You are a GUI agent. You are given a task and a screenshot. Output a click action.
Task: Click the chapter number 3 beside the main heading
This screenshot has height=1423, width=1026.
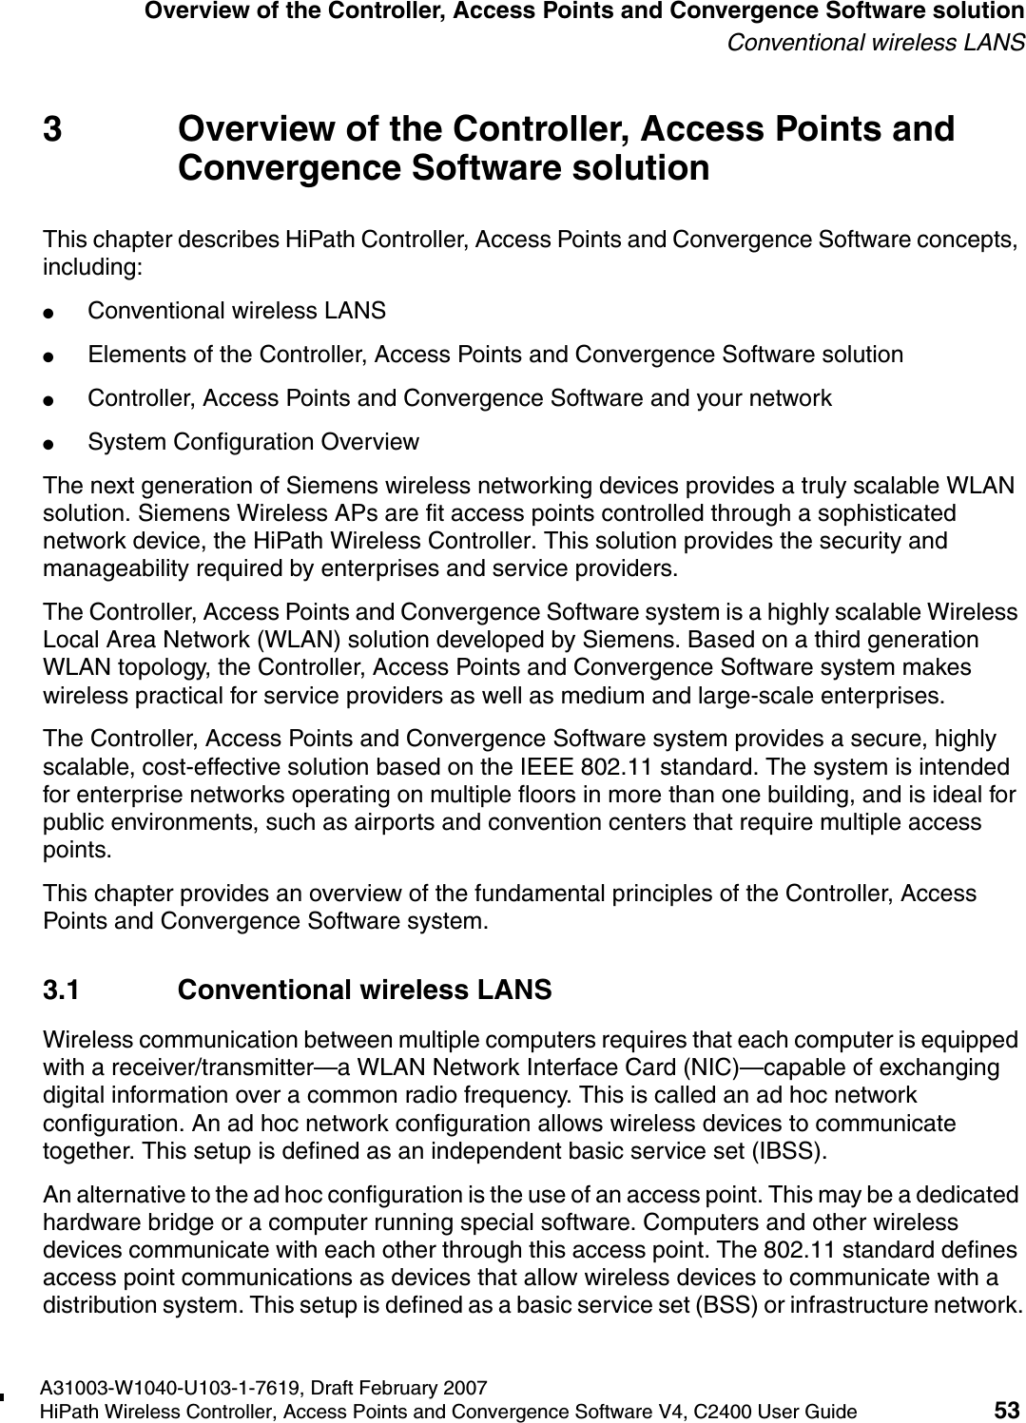pos(54,130)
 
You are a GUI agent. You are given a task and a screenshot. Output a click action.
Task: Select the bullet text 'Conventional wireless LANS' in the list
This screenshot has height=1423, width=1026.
pos(237,311)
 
